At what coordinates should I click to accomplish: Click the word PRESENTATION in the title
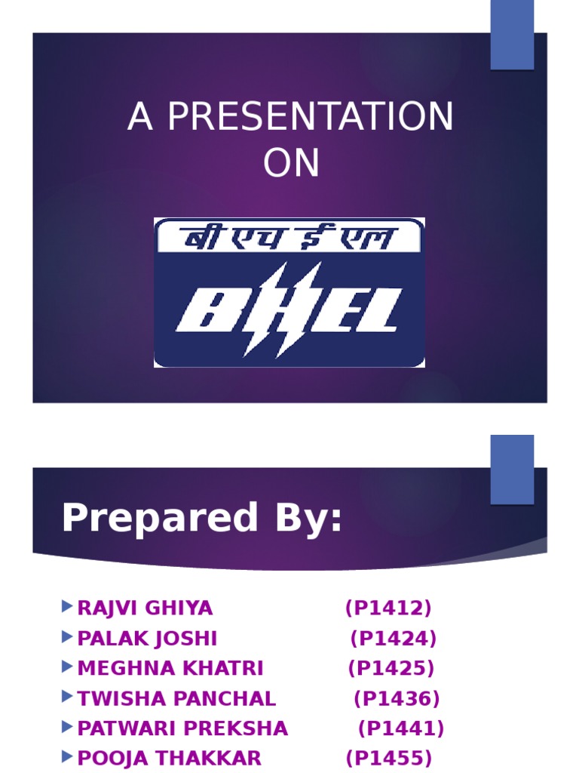[x=310, y=118]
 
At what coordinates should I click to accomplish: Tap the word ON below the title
[x=291, y=163]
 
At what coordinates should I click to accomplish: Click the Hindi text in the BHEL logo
[x=289, y=236]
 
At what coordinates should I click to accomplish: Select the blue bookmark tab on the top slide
[x=512, y=34]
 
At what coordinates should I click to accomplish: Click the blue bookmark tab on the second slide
[x=512, y=469]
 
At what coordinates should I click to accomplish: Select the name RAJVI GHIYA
[x=145, y=608]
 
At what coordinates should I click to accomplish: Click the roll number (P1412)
[x=388, y=608]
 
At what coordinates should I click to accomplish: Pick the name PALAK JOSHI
[x=147, y=639]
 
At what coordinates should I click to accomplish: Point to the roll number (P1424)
[x=394, y=639]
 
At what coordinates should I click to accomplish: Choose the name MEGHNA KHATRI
[x=170, y=669]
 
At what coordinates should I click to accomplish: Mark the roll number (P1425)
[x=391, y=669]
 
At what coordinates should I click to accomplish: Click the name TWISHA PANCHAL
[x=176, y=699]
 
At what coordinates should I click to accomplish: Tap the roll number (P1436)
[x=397, y=699]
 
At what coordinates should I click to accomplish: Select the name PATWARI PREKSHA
[x=182, y=729]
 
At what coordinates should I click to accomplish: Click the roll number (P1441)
[x=401, y=729]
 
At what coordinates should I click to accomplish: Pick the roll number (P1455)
[x=389, y=759]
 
